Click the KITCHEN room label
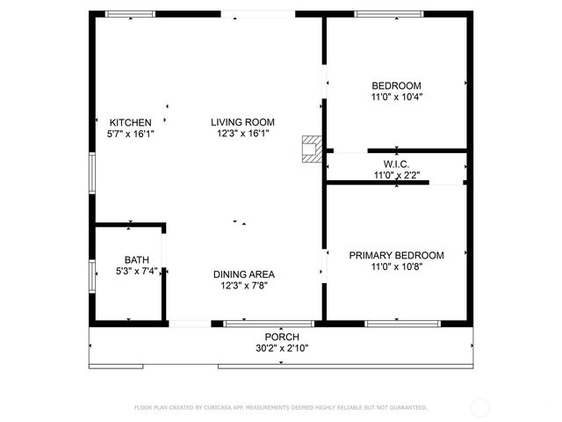click(x=130, y=122)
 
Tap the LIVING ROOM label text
click(x=242, y=122)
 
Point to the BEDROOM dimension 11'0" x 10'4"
click(x=396, y=98)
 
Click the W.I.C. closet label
click(x=396, y=164)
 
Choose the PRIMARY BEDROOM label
click(x=396, y=255)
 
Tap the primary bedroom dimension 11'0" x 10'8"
click(x=396, y=266)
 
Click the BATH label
click(x=136, y=259)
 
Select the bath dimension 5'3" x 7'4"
click(x=136, y=271)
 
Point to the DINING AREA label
click(x=243, y=273)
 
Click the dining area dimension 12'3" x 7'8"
click(x=243, y=285)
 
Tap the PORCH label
click(x=282, y=337)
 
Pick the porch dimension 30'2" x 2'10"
click(x=282, y=348)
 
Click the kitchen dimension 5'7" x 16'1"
click(x=130, y=134)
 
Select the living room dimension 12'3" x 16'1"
click(x=242, y=134)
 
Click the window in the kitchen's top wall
click(x=130, y=14)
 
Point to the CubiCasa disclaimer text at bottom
click(x=280, y=408)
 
